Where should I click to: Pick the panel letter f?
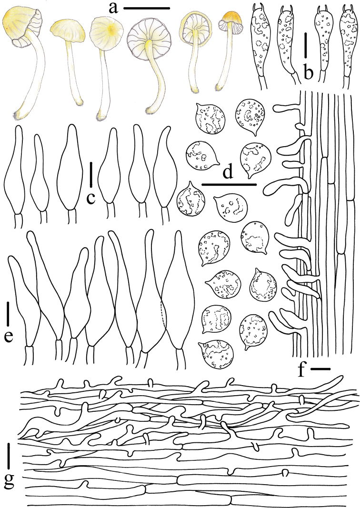[302, 370]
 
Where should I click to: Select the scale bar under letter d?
[229, 185]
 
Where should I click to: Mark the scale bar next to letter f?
[320, 369]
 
